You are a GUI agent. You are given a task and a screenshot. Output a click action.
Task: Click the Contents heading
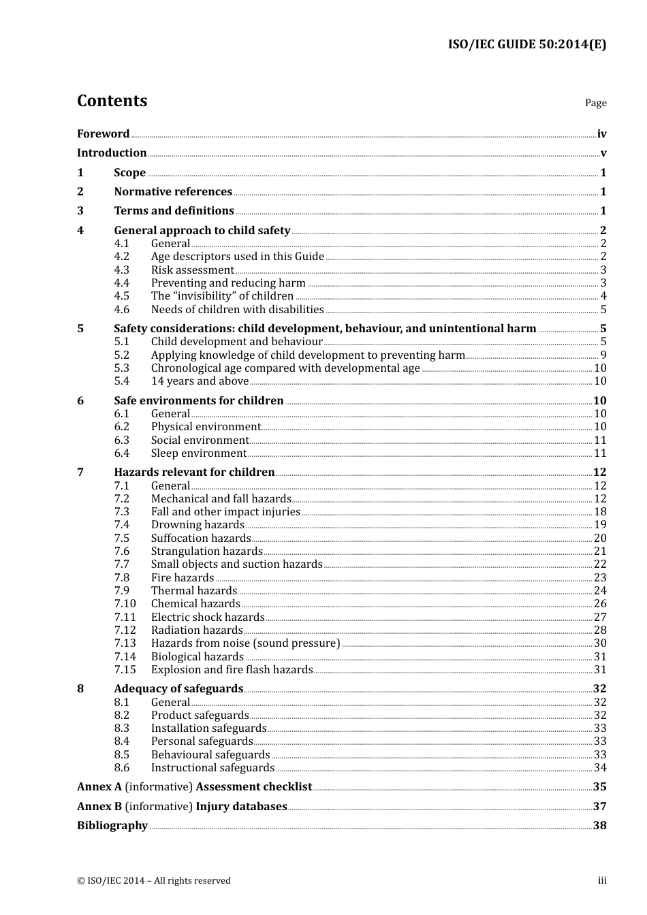[112, 101]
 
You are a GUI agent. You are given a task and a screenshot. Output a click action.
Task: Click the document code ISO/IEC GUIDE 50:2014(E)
[526, 45]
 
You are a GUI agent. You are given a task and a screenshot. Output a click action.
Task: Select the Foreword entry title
[103, 134]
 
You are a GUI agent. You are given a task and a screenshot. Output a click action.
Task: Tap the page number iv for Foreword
[601, 134]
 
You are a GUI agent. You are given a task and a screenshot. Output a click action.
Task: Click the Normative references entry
[173, 192]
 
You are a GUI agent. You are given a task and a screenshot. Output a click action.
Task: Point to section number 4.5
[122, 296]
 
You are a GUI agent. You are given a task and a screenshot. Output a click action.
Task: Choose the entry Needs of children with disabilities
[237, 310]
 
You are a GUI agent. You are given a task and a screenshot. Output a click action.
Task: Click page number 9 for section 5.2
[603, 355]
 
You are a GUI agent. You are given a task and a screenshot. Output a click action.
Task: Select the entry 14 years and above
[200, 381]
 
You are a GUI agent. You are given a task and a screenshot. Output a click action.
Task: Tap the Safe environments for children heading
[198, 401]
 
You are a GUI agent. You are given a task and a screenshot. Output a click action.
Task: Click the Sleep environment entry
[198, 453]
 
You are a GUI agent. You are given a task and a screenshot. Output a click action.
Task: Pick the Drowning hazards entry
[198, 525]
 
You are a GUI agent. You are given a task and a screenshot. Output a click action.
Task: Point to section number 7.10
[125, 604]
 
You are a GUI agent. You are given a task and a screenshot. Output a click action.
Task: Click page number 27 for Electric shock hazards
[600, 617]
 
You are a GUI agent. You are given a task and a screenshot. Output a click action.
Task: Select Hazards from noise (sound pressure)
[245, 643]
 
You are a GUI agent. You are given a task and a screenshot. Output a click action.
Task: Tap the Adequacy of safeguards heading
[178, 689]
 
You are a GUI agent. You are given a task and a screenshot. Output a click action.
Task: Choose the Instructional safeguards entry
[212, 768]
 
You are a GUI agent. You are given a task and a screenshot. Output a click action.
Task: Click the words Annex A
[99, 787]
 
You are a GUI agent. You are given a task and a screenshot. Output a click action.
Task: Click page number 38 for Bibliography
[599, 826]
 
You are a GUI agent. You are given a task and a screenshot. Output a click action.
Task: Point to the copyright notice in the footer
[154, 881]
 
